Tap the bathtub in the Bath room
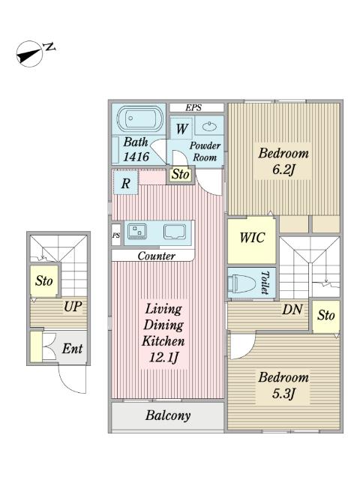pyautogui.click(x=139, y=118)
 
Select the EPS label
pyautogui.click(x=193, y=108)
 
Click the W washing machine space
pyautogui.click(x=181, y=128)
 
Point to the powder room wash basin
pyautogui.click(x=209, y=125)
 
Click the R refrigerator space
pyautogui.click(x=125, y=183)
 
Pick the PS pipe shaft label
pyautogui.click(x=116, y=235)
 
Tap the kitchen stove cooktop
pyautogui.click(x=136, y=232)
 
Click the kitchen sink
pyautogui.click(x=175, y=232)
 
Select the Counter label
pyautogui.click(x=156, y=256)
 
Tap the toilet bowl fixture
pyautogui.click(x=242, y=283)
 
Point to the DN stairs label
pyautogui.click(x=292, y=310)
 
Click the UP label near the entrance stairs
pyautogui.click(x=73, y=306)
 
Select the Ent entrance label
pyautogui.click(x=72, y=349)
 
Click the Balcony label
pyautogui.click(x=168, y=415)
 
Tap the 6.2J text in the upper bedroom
pyautogui.click(x=283, y=169)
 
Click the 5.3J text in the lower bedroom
pyautogui.click(x=283, y=394)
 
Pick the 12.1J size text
pyautogui.click(x=163, y=358)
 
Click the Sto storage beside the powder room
pyautogui.click(x=180, y=175)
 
